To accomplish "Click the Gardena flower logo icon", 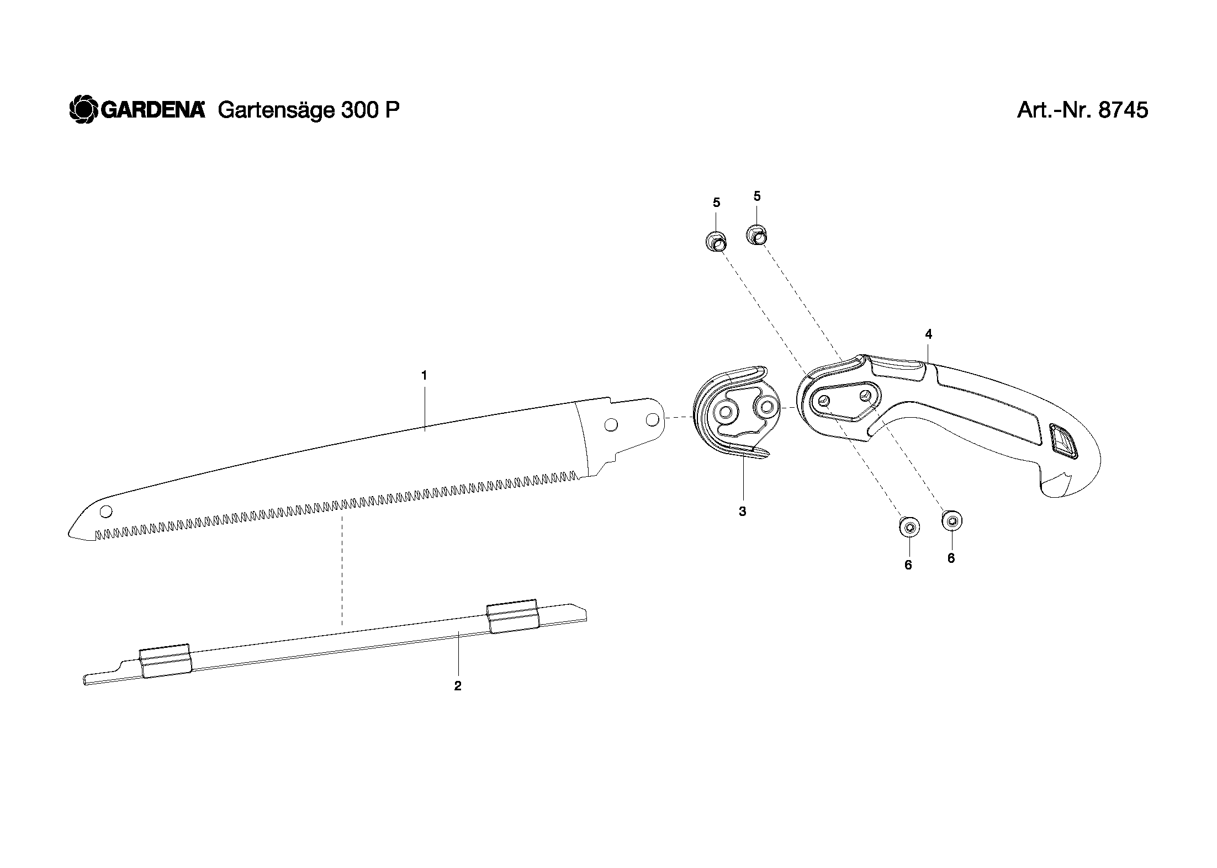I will pos(83,110).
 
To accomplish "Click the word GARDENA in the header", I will pos(152,110).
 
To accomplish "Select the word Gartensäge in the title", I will pos(276,111).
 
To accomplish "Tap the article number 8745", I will pos(1123,110).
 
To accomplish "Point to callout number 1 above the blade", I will pos(424,376).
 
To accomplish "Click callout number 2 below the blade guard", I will pos(457,686).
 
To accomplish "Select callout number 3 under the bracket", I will pos(742,512).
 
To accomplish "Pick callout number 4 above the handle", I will pos(928,334).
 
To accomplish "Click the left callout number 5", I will pos(716,203).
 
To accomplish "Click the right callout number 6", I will pos(951,558).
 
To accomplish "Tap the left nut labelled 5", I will pos(716,241).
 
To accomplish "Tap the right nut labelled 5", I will pos(757,235).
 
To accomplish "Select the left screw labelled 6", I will pos(909,528).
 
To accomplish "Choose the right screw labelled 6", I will pos(951,520).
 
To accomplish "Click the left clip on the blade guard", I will pos(165,661).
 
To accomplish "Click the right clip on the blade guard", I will pos(512,616).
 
